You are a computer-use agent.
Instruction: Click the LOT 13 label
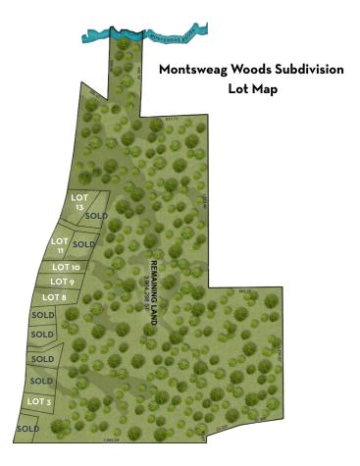point(80,201)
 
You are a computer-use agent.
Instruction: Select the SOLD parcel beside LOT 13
point(96,215)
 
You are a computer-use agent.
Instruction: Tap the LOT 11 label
point(60,246)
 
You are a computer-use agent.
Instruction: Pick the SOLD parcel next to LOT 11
point(84,244)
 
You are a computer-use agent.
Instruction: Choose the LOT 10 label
point(66,267)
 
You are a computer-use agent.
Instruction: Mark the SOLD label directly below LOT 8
point(42,315)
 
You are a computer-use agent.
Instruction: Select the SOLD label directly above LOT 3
point(41,381)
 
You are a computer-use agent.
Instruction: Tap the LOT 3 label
point(39,401)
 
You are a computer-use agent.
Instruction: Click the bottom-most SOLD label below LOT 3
point(27,429)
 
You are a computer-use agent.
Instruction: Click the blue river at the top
point(98,33)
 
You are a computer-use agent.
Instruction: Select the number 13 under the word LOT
point(80,207)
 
